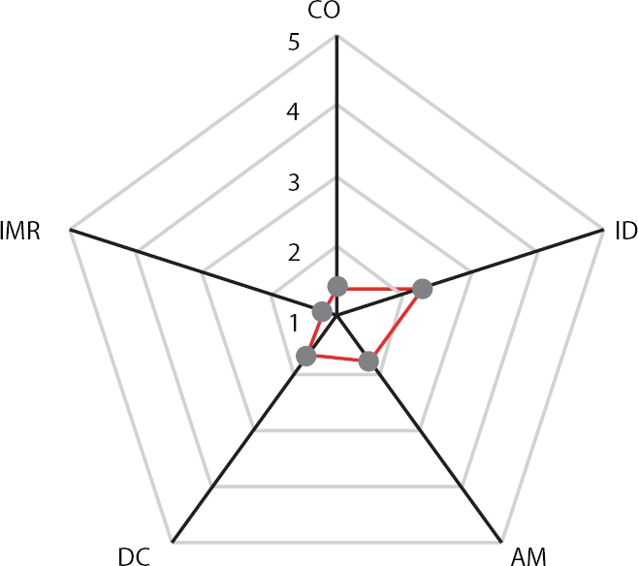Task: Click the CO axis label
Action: click(335, 13)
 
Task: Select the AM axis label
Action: click(527, 554)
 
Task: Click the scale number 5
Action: click(293, 43)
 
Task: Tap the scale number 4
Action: click(294, 112)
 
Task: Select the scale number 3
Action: click(294, 182)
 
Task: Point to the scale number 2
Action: click(294, 253)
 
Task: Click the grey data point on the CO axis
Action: click(336, 286)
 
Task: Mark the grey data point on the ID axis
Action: click(421, 288)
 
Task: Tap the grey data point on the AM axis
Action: click(367, 362)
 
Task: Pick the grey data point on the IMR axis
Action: click(321, 311)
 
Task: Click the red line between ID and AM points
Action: click(395, 325)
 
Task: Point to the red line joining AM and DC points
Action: click(337, 359)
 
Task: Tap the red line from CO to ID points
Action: click(378, 287)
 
